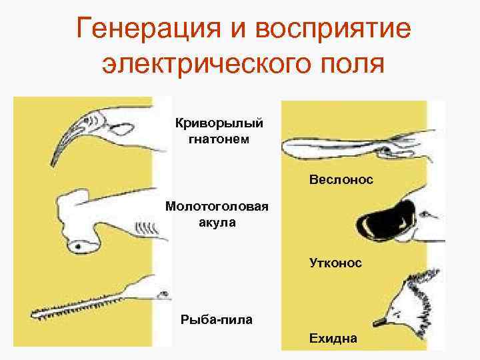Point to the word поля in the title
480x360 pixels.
pyautogui.click(x=353, y=65)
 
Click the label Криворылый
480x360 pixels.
pyautogui.click(x=219, y=123)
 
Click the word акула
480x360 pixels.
pyautogui.click(x=217, y=222)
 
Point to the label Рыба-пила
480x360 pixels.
pyautogui.click(x=217, y=319)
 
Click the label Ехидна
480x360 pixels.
pyautogui.click(x=333, y=338)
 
